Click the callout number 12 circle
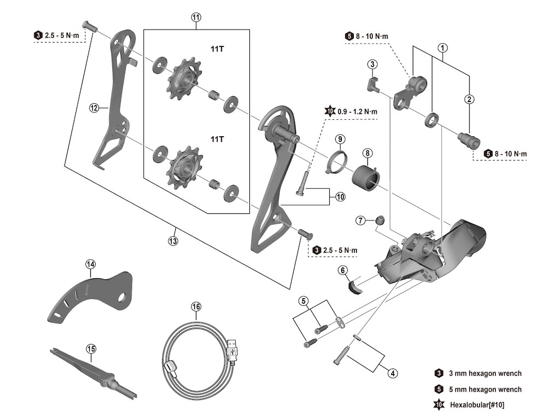[x=94, y=108]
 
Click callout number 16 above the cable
[x=196, y=306]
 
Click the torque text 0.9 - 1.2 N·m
[x=357, y=112]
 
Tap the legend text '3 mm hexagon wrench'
[x=485, y=374]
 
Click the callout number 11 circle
[x=196, y=17]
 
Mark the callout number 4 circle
[x=393, y=374]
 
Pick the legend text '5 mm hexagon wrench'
[x=485, y=389]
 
